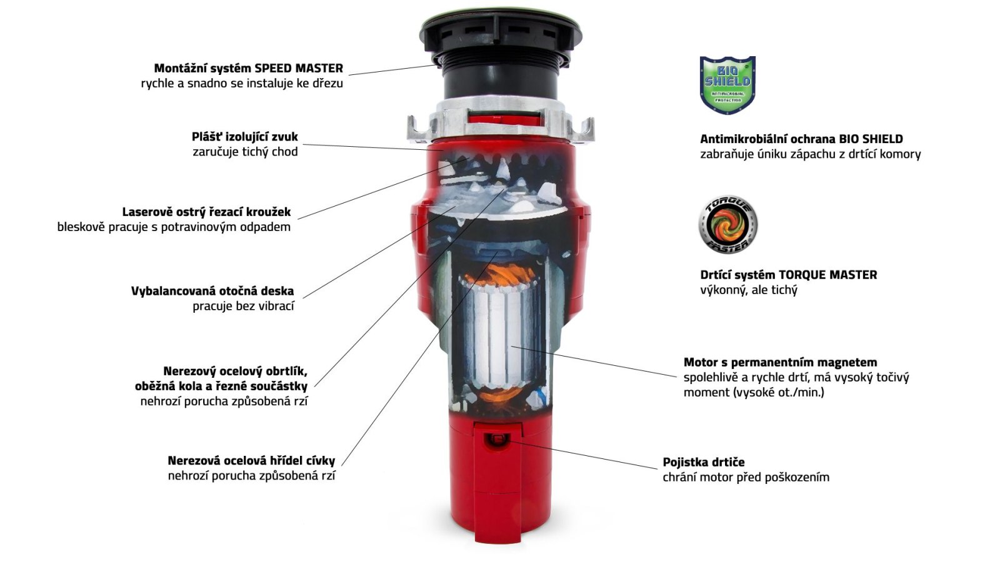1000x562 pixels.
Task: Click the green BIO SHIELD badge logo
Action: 727,85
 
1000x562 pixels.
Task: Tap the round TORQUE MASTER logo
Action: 727,225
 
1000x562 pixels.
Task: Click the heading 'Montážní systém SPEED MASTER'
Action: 248,68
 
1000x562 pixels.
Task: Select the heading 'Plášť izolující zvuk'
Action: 244,137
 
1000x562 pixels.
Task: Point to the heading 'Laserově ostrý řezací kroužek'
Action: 206,212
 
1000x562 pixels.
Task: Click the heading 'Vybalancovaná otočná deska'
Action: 212,291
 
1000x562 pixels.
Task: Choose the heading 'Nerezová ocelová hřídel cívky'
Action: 251,460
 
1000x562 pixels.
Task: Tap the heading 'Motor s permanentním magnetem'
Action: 781,362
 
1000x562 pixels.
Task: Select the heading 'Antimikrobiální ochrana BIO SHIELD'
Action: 801,139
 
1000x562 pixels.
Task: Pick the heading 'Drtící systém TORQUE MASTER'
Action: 788,275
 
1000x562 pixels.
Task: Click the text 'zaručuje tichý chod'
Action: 245,152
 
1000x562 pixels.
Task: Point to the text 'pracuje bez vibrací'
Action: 243,306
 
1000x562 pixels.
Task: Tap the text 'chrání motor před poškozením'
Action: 746,477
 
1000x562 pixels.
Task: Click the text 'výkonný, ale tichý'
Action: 749,290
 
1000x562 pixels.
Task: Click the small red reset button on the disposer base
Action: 496,440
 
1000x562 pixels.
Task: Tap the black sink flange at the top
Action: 501,31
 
